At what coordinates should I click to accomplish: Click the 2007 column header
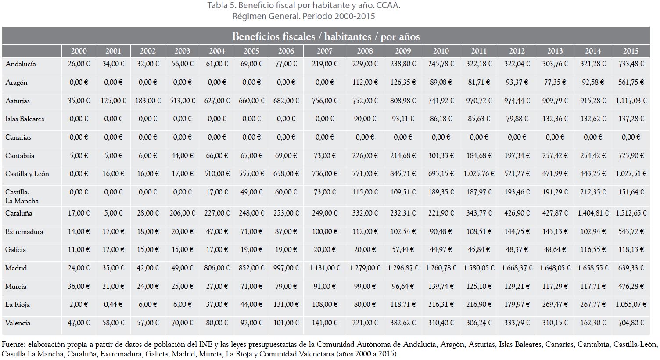(324, 51)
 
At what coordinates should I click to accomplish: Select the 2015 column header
(631, 51)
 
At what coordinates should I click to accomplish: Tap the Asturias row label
(18, 101)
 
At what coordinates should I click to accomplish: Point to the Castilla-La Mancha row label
(22, 196)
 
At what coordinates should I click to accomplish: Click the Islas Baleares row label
(25, 119)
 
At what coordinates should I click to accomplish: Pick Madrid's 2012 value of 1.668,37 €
(517, 268)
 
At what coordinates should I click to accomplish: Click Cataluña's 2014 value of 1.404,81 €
(593, 213)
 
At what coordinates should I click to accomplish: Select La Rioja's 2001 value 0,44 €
(113, 305)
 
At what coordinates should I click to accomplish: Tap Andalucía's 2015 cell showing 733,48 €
(631, 64)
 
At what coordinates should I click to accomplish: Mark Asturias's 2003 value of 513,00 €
(182, 101)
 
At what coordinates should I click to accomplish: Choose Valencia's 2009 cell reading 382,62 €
(403, 323)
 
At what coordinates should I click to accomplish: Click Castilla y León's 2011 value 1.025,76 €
(479, 174)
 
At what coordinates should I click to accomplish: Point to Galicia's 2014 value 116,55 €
(593, 250)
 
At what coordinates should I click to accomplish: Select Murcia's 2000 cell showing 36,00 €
(79, 286)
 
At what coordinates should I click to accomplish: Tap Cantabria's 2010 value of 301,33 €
(441, 156)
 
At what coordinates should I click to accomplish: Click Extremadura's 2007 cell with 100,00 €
(324, 231)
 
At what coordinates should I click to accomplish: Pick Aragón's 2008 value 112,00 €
(365, 82)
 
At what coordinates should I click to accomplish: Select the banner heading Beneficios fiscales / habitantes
(301, 36)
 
